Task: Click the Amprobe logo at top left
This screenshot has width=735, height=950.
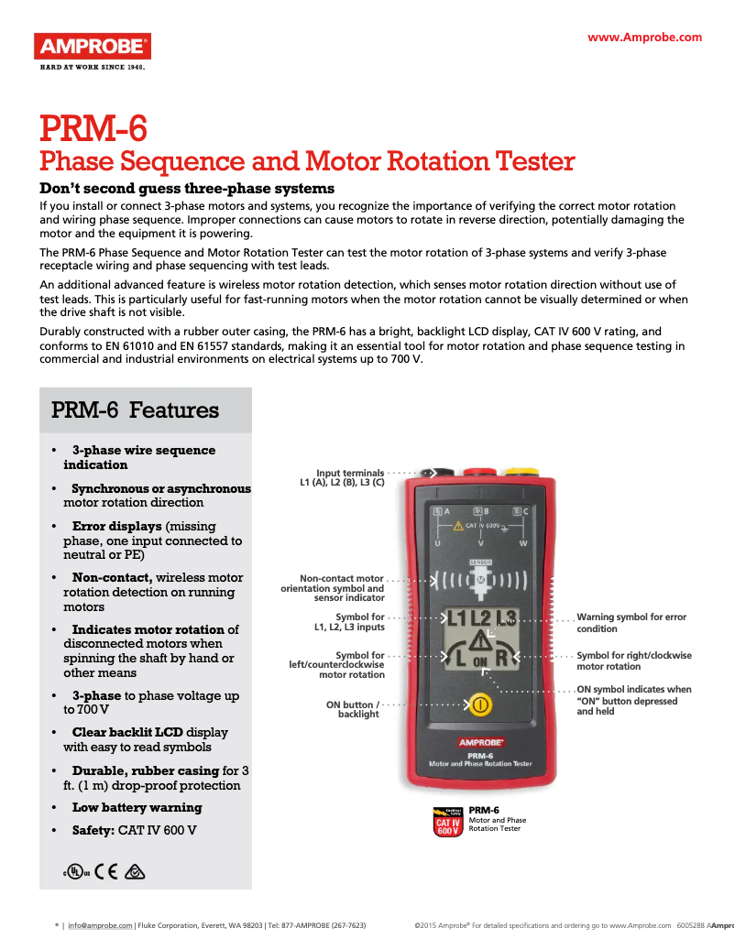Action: point(92,46)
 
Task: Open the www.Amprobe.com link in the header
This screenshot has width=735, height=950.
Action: point(644,38)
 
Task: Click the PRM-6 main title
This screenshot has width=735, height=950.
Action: point(93,128)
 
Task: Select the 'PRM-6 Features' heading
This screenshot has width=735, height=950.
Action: point(135,410)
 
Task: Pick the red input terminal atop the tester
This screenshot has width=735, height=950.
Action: point(480,472)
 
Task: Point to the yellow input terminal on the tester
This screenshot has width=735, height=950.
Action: point(521,472)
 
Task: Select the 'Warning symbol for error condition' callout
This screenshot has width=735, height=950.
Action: point(631,623)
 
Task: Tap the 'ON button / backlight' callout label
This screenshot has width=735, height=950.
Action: point(353,709)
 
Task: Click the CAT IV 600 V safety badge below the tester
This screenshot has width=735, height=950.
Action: point(447,822)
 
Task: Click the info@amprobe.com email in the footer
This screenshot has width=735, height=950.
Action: point(100,925)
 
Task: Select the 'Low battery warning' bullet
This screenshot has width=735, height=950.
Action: point(137,807)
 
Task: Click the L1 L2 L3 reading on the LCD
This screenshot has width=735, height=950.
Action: point(481,618)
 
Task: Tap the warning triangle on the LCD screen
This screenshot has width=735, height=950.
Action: point(482,645)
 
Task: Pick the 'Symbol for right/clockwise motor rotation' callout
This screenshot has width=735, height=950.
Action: point(633,661)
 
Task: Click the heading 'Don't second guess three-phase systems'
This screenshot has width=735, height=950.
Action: point(174,188)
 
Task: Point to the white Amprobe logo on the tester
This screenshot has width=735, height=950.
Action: point(481,741)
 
